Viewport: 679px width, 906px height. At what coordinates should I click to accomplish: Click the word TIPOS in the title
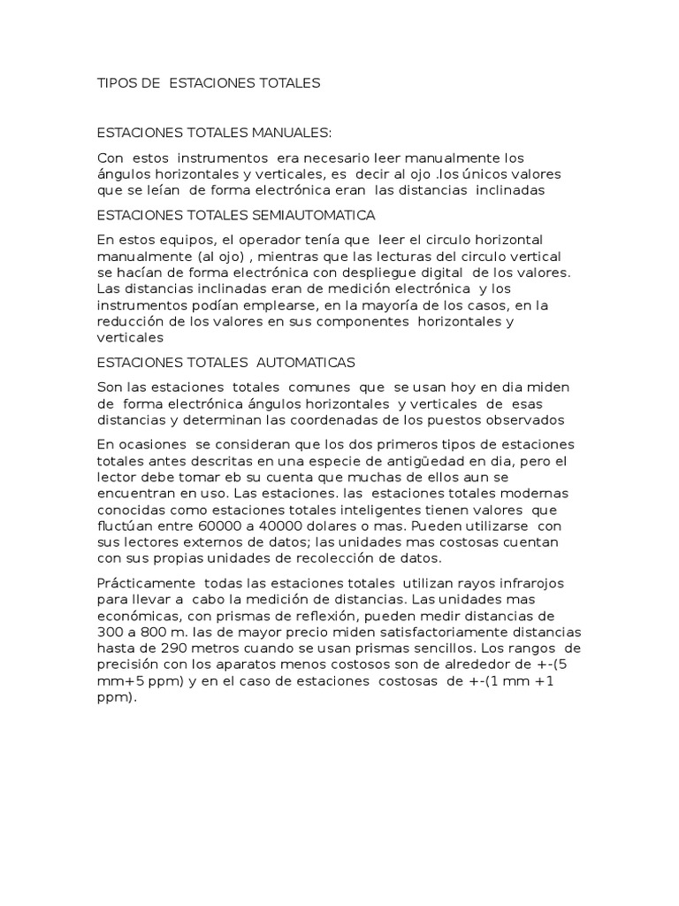[x=116, y=83]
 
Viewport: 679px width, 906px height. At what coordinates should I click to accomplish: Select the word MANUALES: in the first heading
[x=291, y=133]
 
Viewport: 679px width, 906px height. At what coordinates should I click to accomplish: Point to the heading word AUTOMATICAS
[x=306, y=362]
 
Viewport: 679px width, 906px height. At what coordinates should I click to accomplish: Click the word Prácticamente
[x=145, y=583]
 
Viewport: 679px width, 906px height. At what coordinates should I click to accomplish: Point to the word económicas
[x=138, y=616]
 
